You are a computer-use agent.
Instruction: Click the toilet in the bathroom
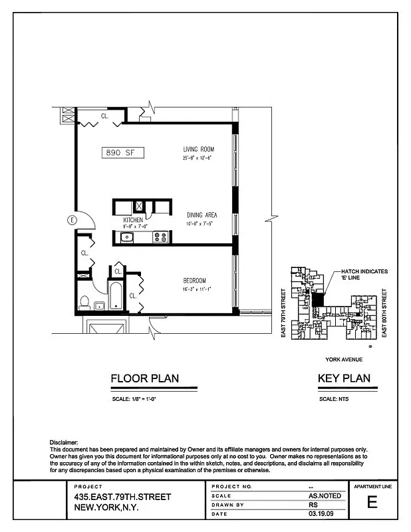[84, 303]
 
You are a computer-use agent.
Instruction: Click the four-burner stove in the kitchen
[160, 236]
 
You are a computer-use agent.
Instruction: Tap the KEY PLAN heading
[344, 379]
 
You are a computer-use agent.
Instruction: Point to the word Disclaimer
[64, 442]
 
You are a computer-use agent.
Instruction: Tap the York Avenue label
[344, 359]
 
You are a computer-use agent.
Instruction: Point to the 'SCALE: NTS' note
[334, 399]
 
